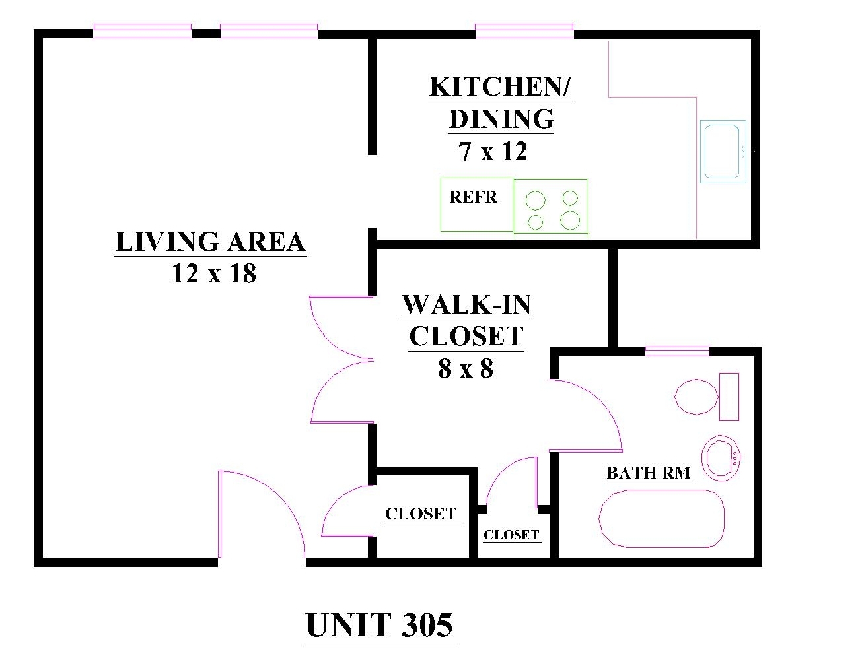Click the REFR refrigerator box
pos(476,205)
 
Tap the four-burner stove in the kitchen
pos(550,209)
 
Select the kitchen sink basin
pos(723,151)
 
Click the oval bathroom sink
pos(721,458)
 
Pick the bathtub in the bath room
pos(661,519)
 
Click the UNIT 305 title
pos(379,625)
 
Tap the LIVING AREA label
pos(211,242)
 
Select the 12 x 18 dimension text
pos(214,273)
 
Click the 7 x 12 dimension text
pos(493,151)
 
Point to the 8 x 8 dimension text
pos(466,368)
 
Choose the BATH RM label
pos(649,473)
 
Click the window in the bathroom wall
pos(677,351)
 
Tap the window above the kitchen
pos(524,31)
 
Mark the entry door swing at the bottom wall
pos(262,514)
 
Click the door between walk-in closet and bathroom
pos(586,415)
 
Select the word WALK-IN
pos(467,304)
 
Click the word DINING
pos(502,119)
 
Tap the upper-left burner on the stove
pos(535,201)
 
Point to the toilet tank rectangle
pos(729,397)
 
